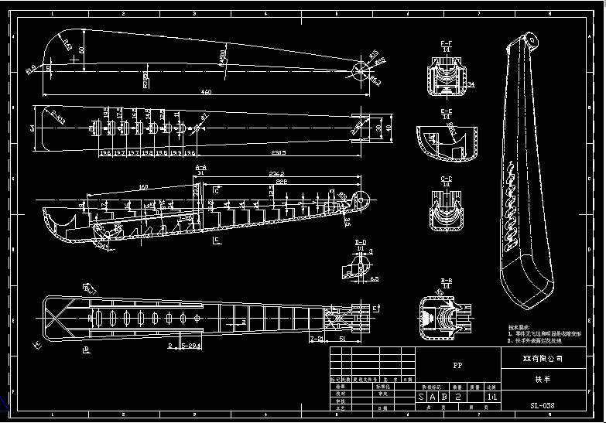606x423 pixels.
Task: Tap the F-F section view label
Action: coord(447,43)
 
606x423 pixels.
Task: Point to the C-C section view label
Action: coord(447,179)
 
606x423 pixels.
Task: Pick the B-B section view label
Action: coord(447,281)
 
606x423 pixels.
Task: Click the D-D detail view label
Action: coord(361,243)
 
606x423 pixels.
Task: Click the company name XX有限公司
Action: coord(543,359)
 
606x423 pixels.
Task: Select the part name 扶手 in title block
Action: coord(543,380)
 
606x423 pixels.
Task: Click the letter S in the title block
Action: coord(422,397)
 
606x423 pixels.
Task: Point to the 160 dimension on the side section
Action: coord(143,186)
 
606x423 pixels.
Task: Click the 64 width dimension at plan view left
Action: coord(33,128)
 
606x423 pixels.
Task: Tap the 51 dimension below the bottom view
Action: coord(342,339)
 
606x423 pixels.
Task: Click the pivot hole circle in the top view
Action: coord(361,70)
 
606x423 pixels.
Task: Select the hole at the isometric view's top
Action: coord(532,39)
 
